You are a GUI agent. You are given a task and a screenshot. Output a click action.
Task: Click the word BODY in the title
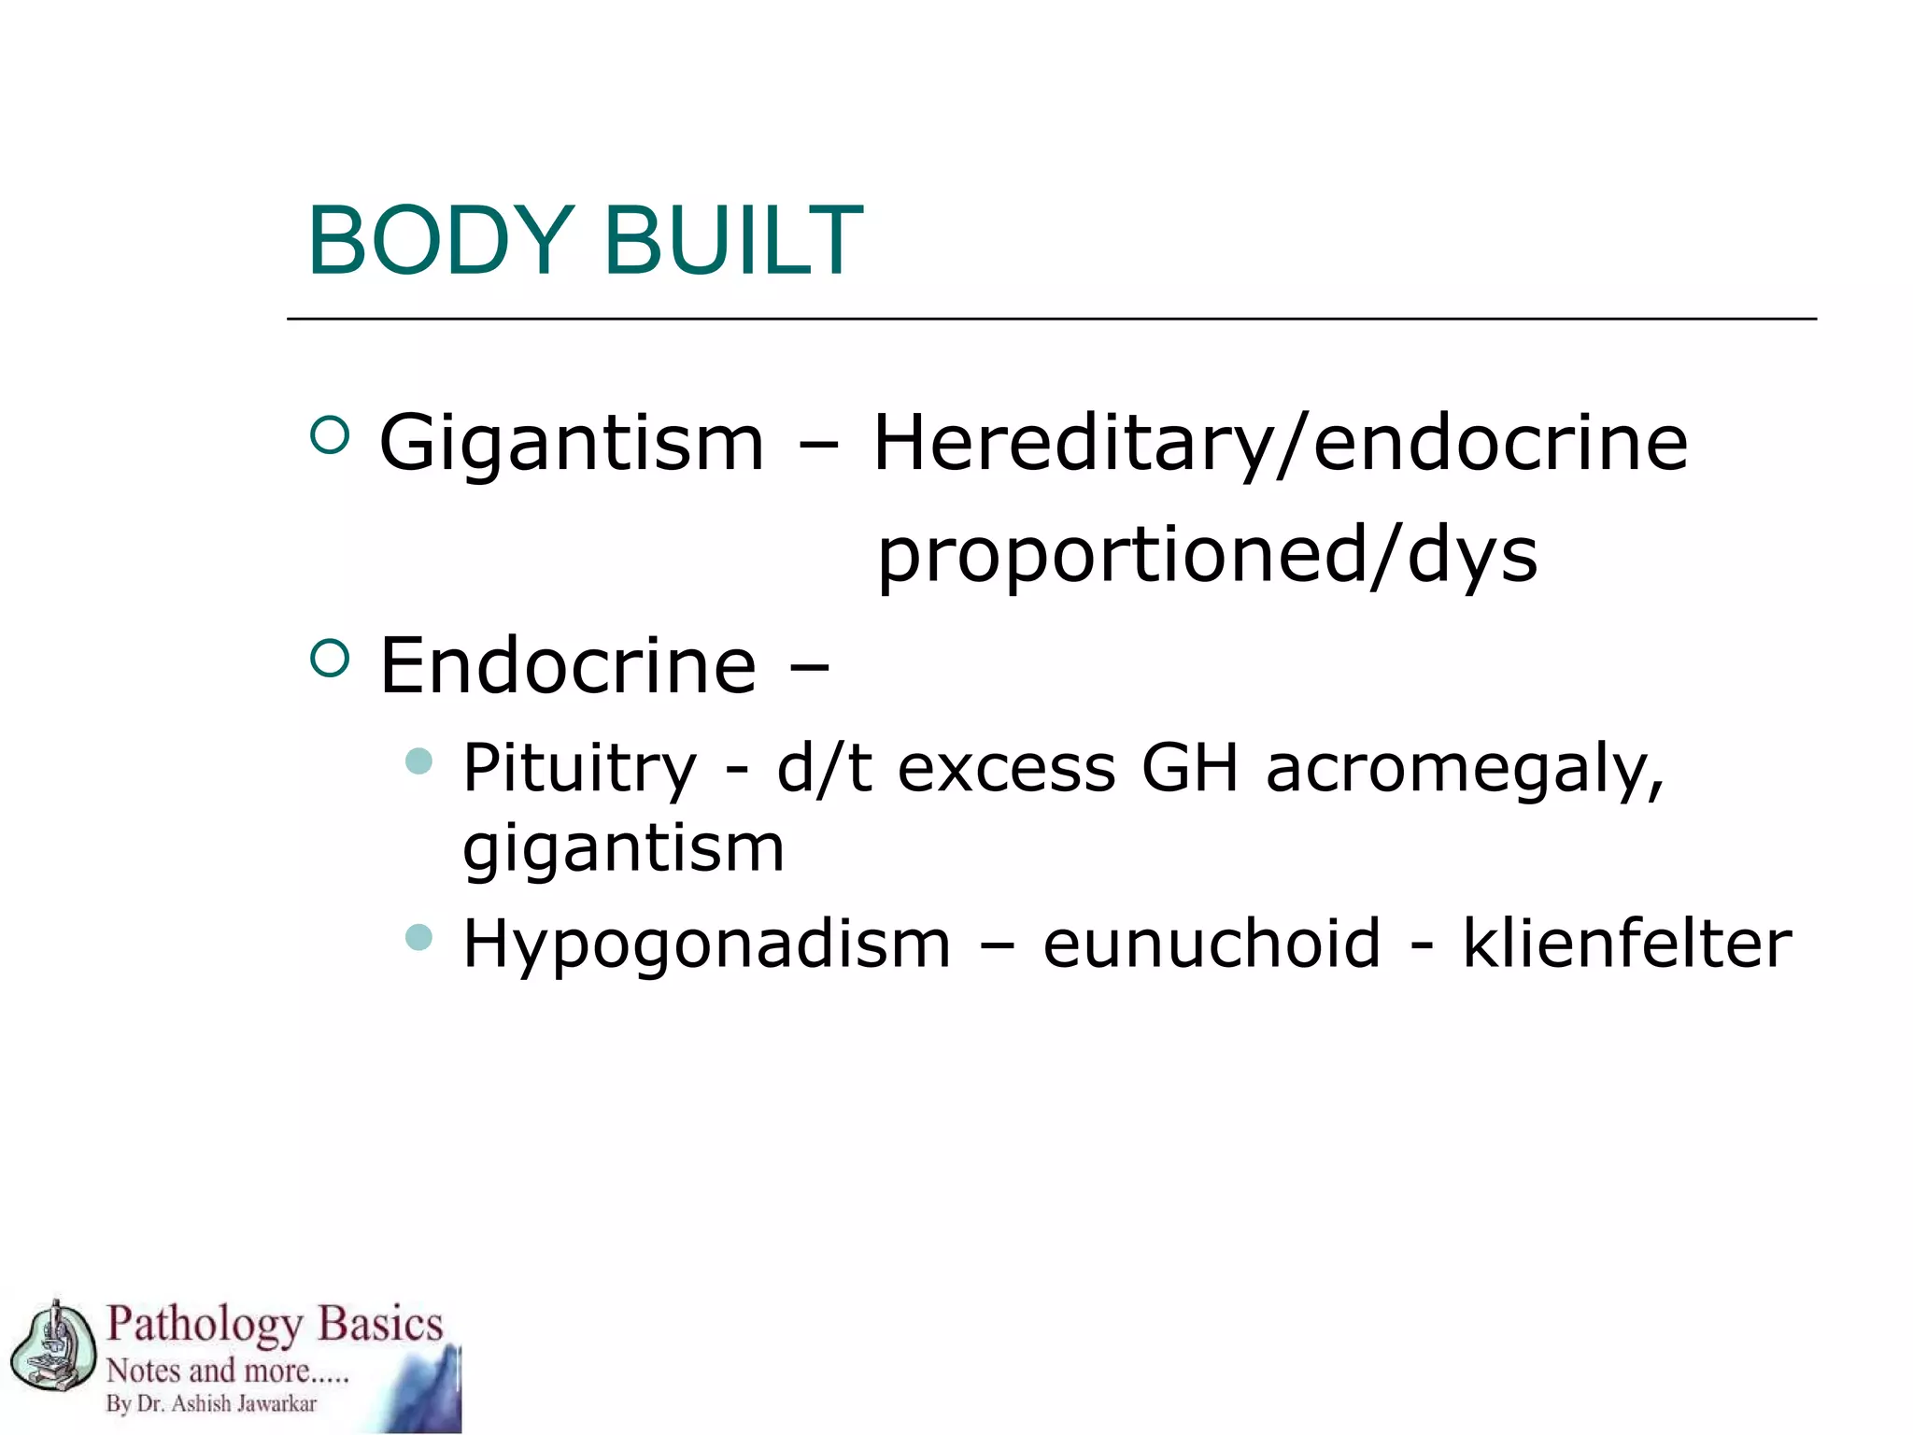(440, 241)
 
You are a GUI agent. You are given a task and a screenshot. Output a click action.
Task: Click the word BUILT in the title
(733, 241)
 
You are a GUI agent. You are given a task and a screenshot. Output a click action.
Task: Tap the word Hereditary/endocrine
(1280, 444)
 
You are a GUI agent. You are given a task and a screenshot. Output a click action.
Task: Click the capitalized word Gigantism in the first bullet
(572, 444)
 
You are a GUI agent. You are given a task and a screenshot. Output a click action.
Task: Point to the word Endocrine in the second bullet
(568, 666)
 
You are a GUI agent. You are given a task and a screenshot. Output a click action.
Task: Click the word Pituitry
(579, 769)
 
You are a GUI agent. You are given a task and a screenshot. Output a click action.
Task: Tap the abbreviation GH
(1189, 769)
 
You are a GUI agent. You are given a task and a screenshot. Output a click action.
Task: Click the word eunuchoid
(1211, 944)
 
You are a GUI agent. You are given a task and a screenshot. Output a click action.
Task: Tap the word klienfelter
(1626, 944)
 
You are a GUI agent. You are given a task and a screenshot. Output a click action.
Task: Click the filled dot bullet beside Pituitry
(419, 760)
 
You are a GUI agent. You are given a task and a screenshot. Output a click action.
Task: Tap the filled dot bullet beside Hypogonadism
(419, 936)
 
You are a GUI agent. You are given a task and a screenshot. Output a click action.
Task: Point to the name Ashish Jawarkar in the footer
(245, 1404)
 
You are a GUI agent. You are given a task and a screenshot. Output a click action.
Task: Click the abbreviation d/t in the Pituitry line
(824, 769)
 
